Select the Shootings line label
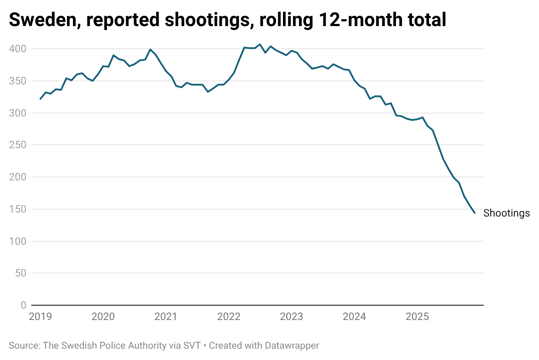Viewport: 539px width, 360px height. pyautogui.click(x=506, y=213)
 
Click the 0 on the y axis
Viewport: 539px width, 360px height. pyautogui.click(x=23, y=305)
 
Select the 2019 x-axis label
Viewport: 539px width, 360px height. pyautogui.click(x=40, y=317)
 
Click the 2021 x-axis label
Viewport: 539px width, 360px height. pyautogui.click(x=166, y=317)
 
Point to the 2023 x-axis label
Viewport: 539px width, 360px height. pyautogui.click(x=291, y=317)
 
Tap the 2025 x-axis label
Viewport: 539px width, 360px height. pyautogui.click(x=417, y=317)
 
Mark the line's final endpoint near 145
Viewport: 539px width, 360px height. pyautogui.click(x=475, y=213)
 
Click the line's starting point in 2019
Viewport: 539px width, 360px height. pyautogui.click(x=40, y=99)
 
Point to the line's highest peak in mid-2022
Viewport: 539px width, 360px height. pyautogui.click(x=260, y=44)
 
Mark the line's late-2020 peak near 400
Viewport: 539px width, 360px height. pyautogui.click(x=150, y=49)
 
